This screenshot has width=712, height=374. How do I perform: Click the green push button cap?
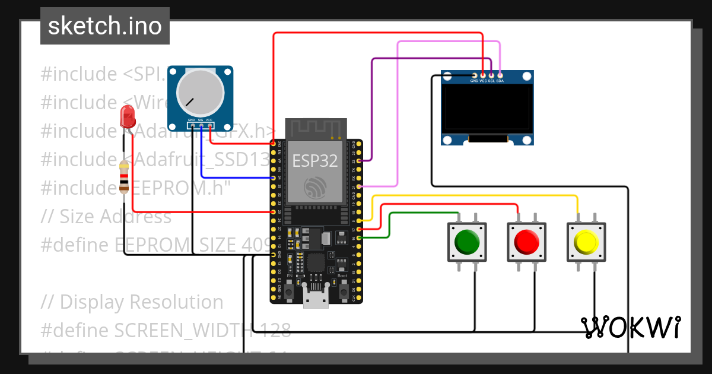pyautogui.click(x=466, y=242)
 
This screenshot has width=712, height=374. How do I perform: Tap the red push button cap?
pyautogui.click(x=526, y=242)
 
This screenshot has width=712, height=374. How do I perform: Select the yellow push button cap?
pyautogui.click(x=586, y=242)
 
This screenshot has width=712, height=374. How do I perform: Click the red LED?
pyautogui.click(x=127, y=117)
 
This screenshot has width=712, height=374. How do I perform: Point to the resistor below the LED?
pyautogui.click(x=124, y=177)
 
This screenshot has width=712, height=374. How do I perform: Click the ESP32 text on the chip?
pyautogui.click(x=315, y=160)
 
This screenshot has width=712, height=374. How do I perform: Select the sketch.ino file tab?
pyautogui.click(x=105, y=26)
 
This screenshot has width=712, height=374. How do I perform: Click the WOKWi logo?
pyautogui.click(x=631, y=328)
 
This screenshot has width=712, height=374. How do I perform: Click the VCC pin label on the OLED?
pyautogui.click(x=483, y=80)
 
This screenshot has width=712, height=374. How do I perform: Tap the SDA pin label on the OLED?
pyautogui.click(x=500, y=80)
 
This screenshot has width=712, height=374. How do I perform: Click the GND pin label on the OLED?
pyautogui.click(x=474, y=80)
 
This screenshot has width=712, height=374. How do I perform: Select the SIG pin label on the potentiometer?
pyautogui.click(x=201, y=121)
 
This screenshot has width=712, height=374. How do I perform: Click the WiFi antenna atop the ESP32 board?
pyautogui.click(x=315, y=128)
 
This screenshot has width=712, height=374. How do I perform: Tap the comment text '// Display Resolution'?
pyautogui.click(x=132, y=302)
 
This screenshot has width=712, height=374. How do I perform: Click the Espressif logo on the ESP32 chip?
pyautogui.click(x=315, y=188)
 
